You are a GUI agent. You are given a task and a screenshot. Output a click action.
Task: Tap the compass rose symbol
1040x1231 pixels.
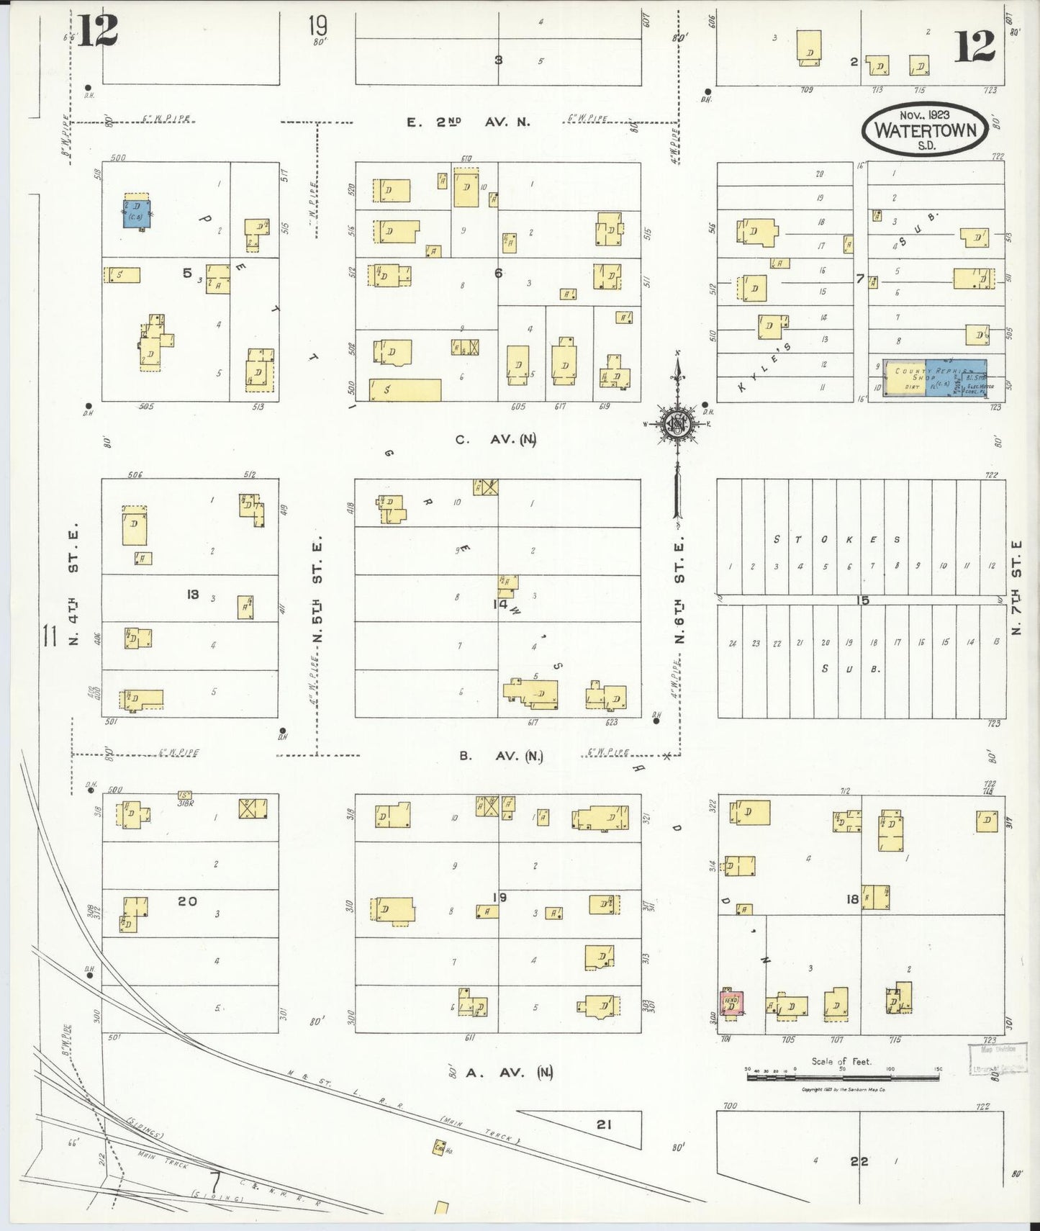677,424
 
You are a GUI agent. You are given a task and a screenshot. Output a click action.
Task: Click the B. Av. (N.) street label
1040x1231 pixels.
501,756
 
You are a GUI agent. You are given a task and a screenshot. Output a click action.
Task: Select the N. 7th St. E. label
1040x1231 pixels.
1016,587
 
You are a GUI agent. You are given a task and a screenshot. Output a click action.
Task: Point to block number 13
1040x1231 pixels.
192,594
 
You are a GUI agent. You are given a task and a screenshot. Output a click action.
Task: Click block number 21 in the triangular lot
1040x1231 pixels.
603,1124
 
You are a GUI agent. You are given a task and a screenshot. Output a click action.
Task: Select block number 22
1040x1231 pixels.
859,1161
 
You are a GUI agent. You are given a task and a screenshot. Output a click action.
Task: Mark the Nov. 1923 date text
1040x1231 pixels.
925,114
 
